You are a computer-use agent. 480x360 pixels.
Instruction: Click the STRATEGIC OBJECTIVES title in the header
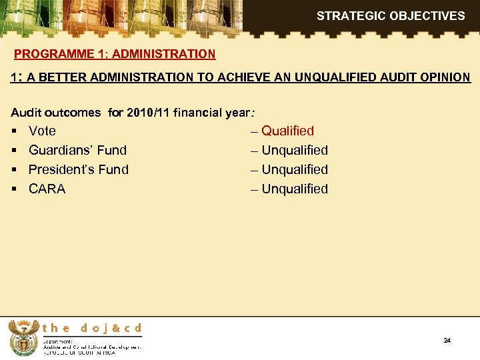pyautogui.click(x=391, y=15)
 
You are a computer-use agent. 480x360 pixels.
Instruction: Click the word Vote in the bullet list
pyautogui.click(x=42, y=131)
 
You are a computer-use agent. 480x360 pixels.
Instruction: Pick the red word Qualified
pyautogui.click(x=287, y=131)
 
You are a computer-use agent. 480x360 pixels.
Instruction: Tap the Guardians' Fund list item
pyautogui.click(x=77, y=151)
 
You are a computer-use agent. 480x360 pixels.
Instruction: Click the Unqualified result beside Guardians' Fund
pyautogui.click(x=295, y=151)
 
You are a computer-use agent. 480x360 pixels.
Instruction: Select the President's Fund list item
pyautogui.click(x=79, y=170)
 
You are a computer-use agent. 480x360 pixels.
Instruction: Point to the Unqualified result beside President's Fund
pyautogui.click(x=295, y=170)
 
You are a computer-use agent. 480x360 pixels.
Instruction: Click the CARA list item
pyautogui.click(x=47, y=189)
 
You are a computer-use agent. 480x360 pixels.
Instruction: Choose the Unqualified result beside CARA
pyautogui.click(x=295, y=189)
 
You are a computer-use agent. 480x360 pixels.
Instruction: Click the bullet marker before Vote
pyautogui.click(x=15, y=131)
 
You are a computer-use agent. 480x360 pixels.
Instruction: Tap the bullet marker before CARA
pyautogui.click(x=15, y=189)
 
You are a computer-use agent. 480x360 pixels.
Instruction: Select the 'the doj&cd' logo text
pyautogui.click(x=92, y=328)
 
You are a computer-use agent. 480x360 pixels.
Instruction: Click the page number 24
pyautogui.click(x=447, y=341)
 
